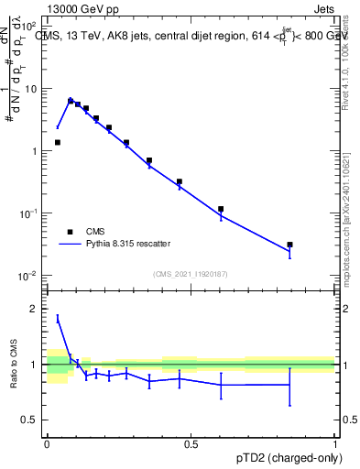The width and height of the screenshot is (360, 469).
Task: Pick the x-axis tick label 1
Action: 335,443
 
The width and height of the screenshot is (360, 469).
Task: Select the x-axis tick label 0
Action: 47,443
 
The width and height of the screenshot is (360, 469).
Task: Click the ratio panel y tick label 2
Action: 33,309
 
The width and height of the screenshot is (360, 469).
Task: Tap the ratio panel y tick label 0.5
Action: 29,420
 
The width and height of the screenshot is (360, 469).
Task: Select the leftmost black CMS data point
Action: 58,142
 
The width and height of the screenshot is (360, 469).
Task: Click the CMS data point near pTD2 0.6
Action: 221,209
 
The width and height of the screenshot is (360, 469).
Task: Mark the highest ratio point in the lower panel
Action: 58,318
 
